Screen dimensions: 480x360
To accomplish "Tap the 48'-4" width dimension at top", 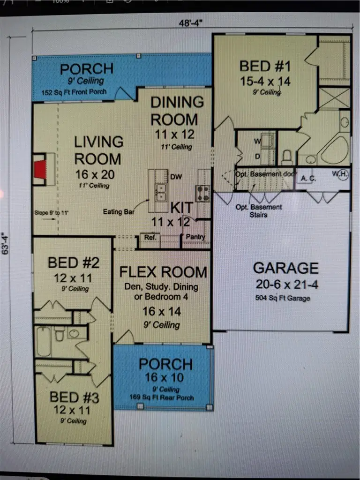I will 191,22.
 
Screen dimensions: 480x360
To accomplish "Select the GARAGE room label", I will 285,268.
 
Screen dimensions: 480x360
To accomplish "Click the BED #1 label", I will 265,66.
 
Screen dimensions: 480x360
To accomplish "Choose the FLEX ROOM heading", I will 163,272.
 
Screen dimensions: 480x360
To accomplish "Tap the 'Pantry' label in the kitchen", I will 195,237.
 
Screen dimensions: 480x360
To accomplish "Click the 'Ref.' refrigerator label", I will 150,238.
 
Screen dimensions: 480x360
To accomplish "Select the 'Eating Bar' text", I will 119,212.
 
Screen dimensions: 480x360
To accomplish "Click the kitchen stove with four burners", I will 203,193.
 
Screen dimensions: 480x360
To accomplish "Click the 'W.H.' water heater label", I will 341,174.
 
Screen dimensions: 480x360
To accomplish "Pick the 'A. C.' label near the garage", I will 307,178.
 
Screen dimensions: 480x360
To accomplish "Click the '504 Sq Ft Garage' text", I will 284,298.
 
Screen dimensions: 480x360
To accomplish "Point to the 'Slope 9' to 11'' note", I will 52,212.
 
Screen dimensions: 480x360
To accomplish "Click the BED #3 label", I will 75,398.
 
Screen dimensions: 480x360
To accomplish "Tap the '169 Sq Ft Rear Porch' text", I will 161,397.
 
